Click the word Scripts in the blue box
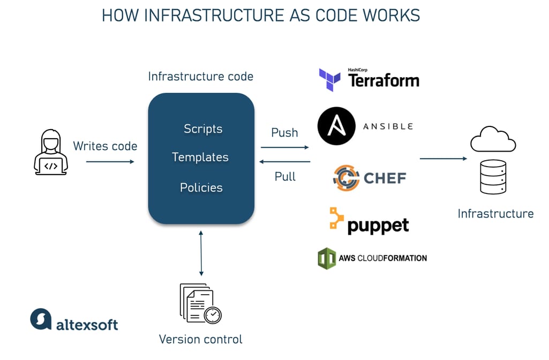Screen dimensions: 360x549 pyautogui.click(x=203, y=129)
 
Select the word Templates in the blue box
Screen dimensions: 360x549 pyautogui.click(x=200, y=157)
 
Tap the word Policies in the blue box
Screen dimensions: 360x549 pyautogui.click(x=201, y=187)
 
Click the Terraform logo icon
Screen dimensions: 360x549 pyautogui.click(x=330, y=79)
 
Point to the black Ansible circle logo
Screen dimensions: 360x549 pyautogui.click(x=336, y=126)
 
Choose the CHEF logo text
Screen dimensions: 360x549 pyautogui.click(x=385, y=178)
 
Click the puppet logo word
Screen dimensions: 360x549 pyautogui.click(x=378, y=226)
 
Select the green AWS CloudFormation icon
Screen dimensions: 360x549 pyautogui.click(x=327, y=258)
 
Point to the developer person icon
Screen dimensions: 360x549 pyautogui.click(x=51, y=152)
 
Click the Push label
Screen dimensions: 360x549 pyautogui.click(x=284, y=133)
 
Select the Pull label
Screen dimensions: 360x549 pyautogui.click(x=285, y=176)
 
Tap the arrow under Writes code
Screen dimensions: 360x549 pyautogui.click(x=110, y=161)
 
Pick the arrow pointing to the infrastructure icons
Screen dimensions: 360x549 pyautogui.click(x=443, y=159)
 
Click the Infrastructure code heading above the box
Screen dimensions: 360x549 pyautogui.click(x=200, y=77)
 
